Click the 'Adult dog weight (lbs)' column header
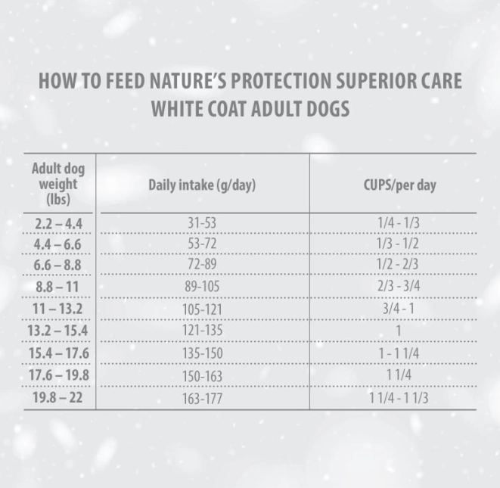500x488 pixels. tap(57, 184)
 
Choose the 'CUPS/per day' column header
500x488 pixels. tap(401, 185)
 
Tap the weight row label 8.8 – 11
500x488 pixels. tap(58, 288)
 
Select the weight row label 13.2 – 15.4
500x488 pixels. tap(58, 331)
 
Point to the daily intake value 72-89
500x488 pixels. tap(203, 266)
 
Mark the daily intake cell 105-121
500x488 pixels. tap(203, 309)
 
